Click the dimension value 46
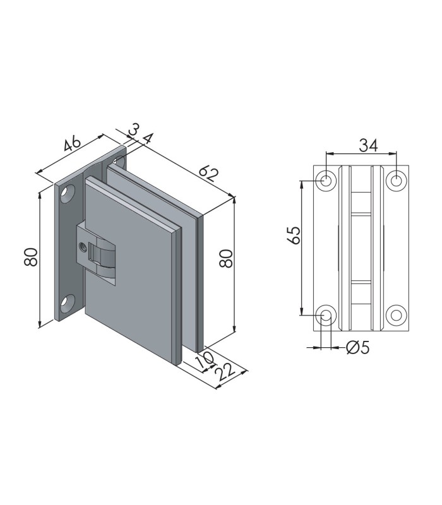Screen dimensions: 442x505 point(72,143)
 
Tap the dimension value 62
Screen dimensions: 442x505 point(208,174)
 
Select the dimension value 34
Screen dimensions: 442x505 point(368,145)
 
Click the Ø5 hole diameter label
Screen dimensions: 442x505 point(357,348)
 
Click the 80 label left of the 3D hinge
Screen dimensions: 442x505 point(30,257)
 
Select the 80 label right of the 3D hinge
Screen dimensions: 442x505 point(225,258)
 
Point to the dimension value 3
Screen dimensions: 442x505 point(133,129)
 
